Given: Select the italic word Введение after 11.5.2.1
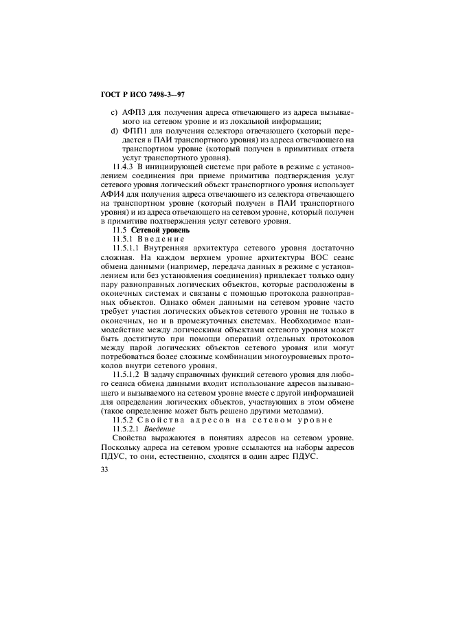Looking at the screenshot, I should pos(156,427).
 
